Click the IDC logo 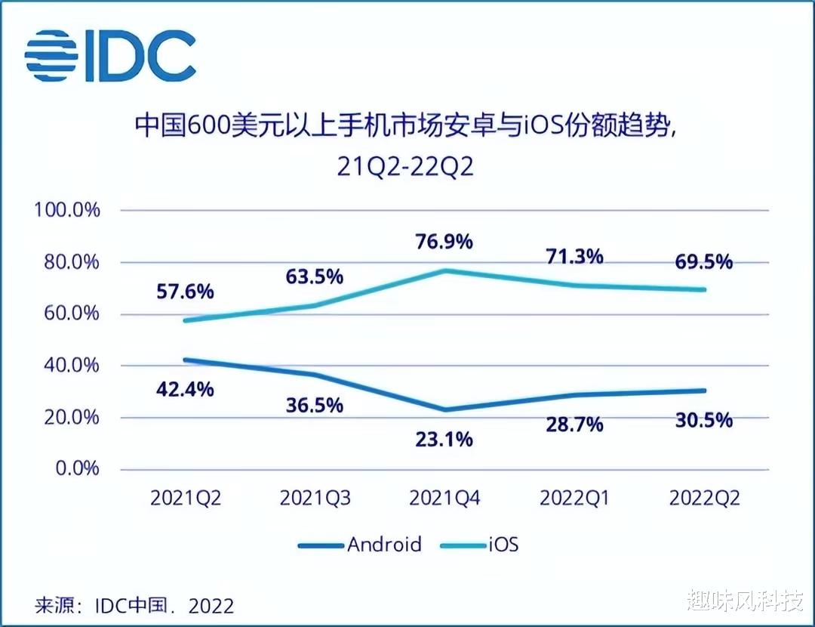pos(110,56)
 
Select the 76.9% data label pos(444,242)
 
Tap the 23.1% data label pos(444,438)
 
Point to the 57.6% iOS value pos(186,291)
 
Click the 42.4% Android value pos(186,390)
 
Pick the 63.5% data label pos(315,276)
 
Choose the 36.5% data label pos(315,405)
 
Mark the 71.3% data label pos(574,256)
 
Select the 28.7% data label pos(574,424)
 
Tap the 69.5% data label pos(703,261)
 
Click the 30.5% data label pos(703,419)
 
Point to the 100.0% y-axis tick pos(66,210)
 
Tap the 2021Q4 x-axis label pos(444,499)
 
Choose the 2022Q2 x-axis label pos(703,499)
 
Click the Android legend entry pos(360,544)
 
